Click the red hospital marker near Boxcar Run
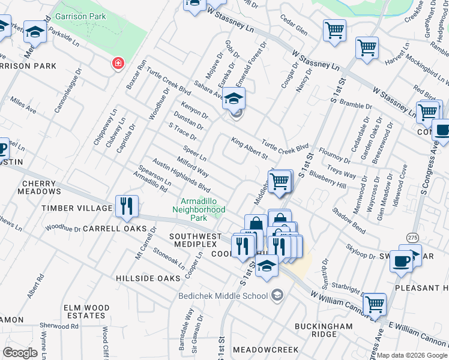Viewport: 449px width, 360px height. (x=118, y=63)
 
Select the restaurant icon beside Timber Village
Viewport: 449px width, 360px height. (x=127, y=207)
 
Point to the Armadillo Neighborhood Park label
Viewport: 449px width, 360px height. (x=199, y=205)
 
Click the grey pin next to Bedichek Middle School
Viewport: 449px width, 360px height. (x=276, y=295)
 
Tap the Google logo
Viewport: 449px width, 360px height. (x=20, y=353)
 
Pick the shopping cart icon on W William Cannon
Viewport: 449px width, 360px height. (x=375, y=305)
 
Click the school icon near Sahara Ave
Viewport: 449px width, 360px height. (x=235, y=100)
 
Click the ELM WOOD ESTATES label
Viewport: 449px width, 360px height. (x=86, y=311)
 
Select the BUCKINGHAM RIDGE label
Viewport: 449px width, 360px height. (x=324, y=330)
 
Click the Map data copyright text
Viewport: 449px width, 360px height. (x=412, y=355)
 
